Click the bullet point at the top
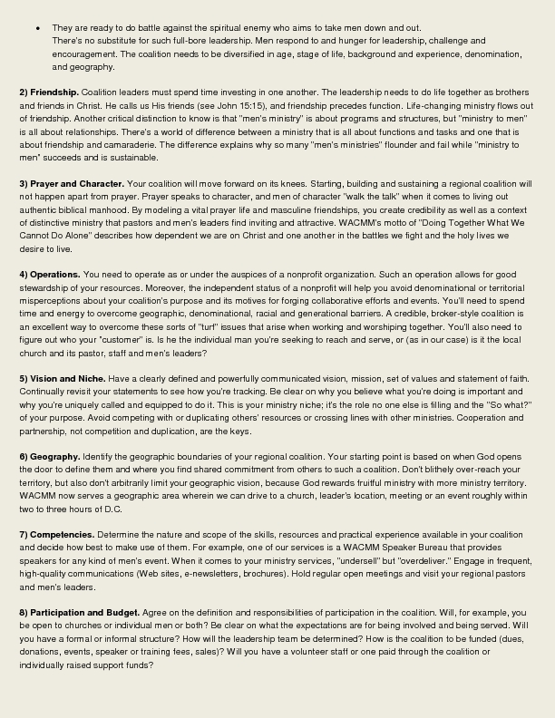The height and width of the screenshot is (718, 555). pyautogui.click(x=37, y=28)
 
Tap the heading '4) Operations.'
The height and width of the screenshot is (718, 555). pyautogui.click(x=50, y=274)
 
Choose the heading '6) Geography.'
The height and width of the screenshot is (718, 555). pyautogui.click(x=50, y=456)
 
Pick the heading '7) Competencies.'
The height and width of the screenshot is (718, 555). pyautogui.click(x=55, y=535)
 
